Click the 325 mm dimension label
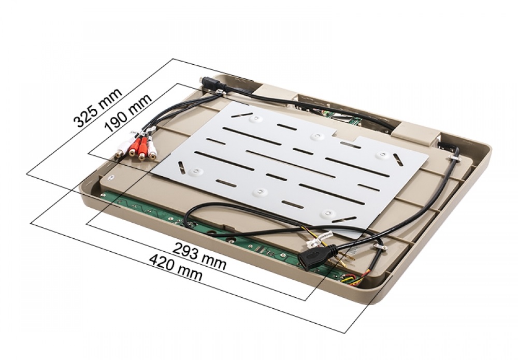click(x=98, y=108)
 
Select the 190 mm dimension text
click(x=128, y=112)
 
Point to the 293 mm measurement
click(x=200, y=256)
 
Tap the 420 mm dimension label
click(x=176, y=267)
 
